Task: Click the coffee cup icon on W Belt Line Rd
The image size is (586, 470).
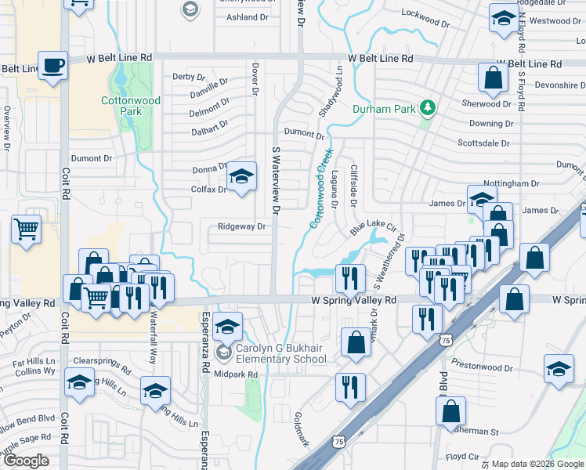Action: [52, 66]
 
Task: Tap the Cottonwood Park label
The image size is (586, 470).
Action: [121, 106]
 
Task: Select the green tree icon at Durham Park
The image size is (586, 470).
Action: [428, 107]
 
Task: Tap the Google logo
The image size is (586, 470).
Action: [26, 460]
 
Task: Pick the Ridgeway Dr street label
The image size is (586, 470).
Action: [242, 226]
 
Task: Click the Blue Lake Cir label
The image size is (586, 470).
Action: [369, 228]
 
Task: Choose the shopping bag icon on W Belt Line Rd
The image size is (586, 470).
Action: [493, 78]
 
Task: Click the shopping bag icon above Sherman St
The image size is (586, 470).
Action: [450, 410]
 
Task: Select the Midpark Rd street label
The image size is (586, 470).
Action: [236, 374]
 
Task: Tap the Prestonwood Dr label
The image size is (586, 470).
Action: [481, 363]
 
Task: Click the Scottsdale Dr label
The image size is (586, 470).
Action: [483, 143]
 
